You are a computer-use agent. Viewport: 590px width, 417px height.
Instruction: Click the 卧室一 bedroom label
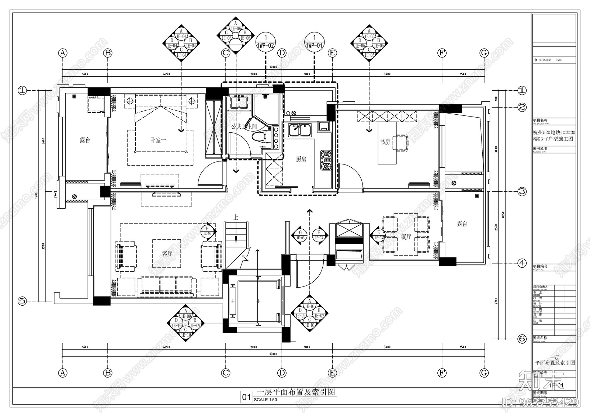pos(158,140)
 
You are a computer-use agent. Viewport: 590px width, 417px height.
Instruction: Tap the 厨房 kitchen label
pos(301,159)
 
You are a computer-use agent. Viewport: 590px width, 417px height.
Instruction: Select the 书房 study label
pos(385,142)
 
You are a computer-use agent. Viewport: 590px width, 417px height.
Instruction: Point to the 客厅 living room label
pos(167,254)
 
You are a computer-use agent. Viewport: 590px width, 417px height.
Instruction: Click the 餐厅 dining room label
pos(406,237)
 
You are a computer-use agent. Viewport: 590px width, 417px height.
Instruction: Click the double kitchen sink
pos(300,130)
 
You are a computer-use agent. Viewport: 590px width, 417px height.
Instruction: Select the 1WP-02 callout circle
pos(265,41)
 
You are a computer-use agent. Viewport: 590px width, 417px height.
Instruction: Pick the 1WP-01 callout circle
pos(314,41)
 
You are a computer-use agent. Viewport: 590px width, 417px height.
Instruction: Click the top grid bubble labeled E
pos(332,53)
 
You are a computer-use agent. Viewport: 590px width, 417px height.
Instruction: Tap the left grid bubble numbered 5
pos(22,301)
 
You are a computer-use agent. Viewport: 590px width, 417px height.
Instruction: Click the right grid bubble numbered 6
pos(522,339)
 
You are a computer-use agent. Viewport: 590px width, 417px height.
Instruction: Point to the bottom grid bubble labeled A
pos(63,373)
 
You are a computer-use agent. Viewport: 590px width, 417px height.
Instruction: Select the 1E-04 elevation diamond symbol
pos(181,42)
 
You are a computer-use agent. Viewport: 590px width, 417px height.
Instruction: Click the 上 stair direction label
pos(236,218)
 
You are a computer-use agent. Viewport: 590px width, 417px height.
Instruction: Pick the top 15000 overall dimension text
pos(273,67)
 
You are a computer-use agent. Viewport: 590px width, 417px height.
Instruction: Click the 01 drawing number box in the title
pos(246,397)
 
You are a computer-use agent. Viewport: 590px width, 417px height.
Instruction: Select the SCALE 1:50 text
pos(265,400)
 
